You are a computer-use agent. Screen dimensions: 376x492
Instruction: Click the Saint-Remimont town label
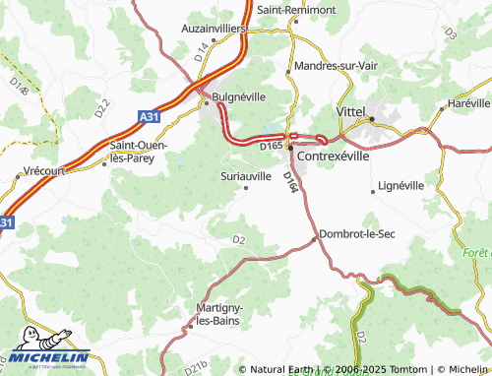(296, 9)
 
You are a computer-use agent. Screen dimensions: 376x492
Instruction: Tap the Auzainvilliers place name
(214, 30)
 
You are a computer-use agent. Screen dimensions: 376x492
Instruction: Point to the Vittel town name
(351, 112)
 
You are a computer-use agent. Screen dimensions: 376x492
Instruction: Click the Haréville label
(467, 102)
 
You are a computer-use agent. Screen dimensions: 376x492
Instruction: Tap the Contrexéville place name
(338, 156)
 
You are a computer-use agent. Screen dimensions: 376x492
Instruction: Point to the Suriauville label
(245, 175)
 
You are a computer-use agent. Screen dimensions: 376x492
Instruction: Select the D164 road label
(290, 183)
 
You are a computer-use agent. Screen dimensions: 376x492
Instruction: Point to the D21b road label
(197, 366)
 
